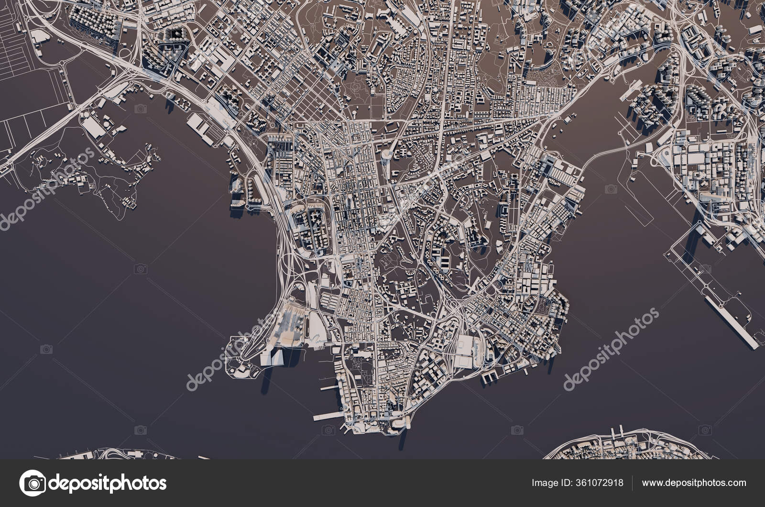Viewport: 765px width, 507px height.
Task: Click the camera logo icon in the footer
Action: pos(32,483)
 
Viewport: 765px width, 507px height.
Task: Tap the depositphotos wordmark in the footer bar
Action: pos(108,483)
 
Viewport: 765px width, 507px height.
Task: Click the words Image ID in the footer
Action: pos(550,483)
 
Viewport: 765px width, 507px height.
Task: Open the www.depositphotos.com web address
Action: pos(694,483)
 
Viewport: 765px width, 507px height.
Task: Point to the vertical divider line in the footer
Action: pos(633,483)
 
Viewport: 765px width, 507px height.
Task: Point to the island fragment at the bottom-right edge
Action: pos(617,447)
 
